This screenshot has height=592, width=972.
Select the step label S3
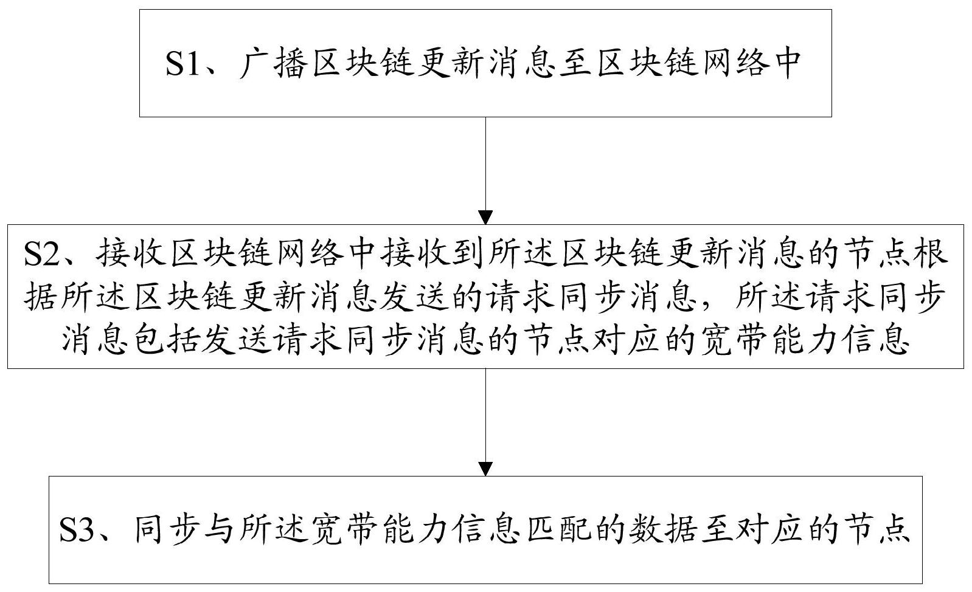[x=78, y=531]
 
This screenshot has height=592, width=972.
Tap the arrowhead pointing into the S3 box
[x=485, y=468]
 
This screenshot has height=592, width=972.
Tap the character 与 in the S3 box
[x=213, y=531]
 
